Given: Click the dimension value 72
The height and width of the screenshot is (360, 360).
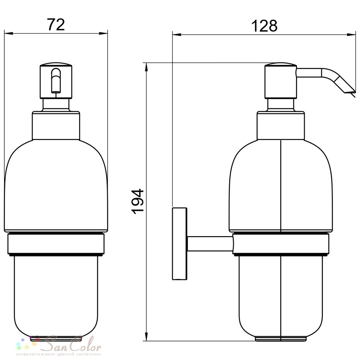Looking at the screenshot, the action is [56, 24].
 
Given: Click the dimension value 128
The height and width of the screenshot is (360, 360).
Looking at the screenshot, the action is [264, 26].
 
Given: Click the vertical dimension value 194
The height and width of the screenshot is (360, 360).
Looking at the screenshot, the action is [138, 202].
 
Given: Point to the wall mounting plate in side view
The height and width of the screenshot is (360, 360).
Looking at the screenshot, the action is [180, 244].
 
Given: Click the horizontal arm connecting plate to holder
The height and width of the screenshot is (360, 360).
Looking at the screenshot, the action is [210, 244].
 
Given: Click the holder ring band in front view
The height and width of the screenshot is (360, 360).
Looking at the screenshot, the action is [56, 244].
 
